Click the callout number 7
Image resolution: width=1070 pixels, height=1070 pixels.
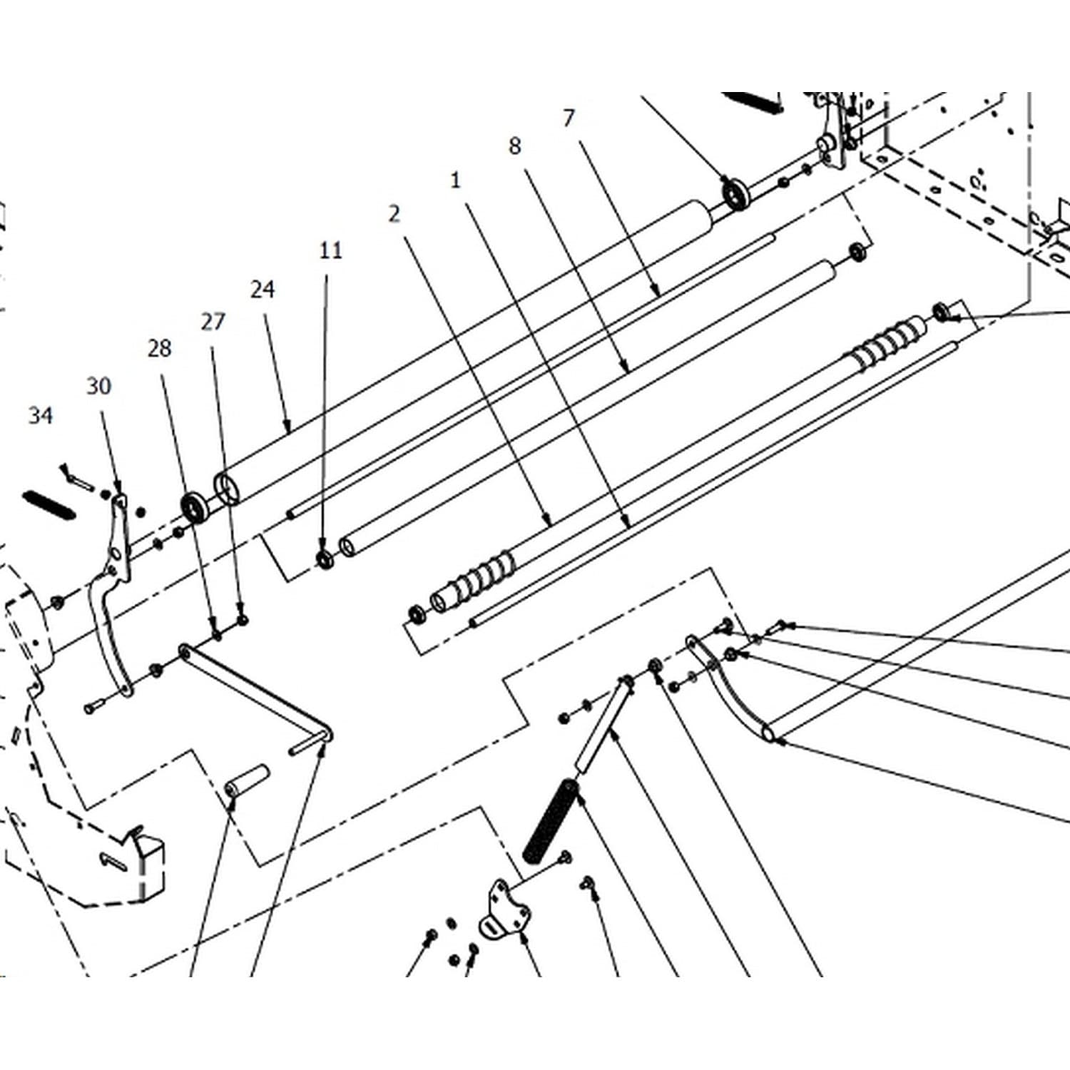(x=568, y=118)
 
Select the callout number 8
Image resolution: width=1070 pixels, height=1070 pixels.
(x=514, y=146)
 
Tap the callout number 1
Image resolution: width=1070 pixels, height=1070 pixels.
(x=456, y=180)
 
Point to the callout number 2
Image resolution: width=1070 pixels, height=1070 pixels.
(x=394, y=213)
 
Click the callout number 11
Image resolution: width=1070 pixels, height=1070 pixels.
(x=330, y=250)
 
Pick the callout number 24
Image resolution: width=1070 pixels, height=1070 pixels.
(x=263, y=289)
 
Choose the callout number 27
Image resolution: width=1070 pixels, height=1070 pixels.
(x=213, y=322)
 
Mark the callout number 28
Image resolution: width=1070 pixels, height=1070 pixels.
(x=160, y=348)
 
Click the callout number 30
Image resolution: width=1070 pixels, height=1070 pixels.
(x=99, y=386)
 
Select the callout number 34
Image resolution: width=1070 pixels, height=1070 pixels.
(x=41, y=415)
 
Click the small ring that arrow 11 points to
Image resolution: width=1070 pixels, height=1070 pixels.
(x=325, y=559)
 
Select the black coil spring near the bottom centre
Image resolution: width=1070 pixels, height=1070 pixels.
(x=550, y=820)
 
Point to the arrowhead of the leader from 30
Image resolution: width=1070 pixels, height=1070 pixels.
(x=118, y=488)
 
